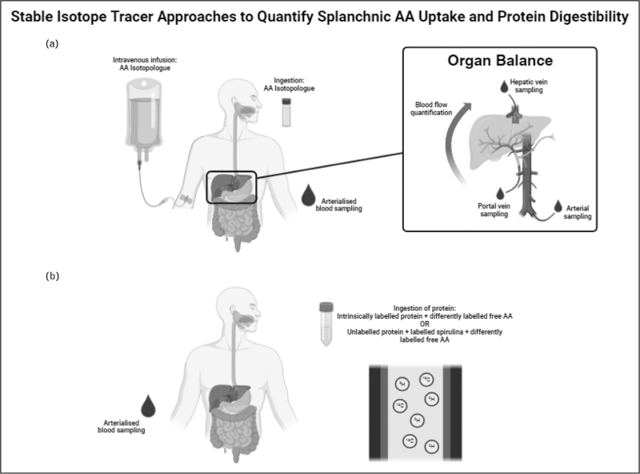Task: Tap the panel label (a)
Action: tap(52, 46)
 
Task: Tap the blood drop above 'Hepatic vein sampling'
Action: tap(502, 84)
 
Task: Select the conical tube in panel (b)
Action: tap(325, 323)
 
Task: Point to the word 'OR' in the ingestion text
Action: tap(425, 323)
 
